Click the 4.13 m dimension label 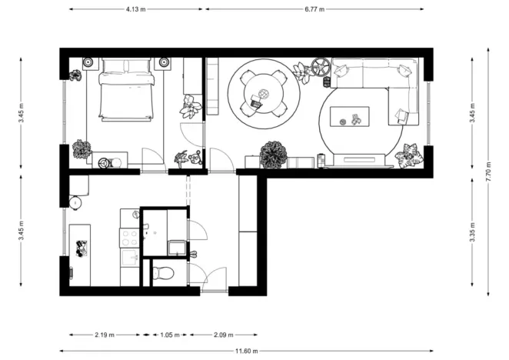pyautogui.click(x=137, y=9)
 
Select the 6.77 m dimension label pyautogui.click(x=314, y=9)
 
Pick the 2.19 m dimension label pyautogui.click(x=105, y=335)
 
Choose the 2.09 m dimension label pyautogui.click(x=223, y=335)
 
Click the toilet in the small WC pyautogui.click(x=162, y=272)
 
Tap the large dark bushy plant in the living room pyautogui.click(x=273, y=154)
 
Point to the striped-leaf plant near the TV pyautogui.click(x=408, y=155)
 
